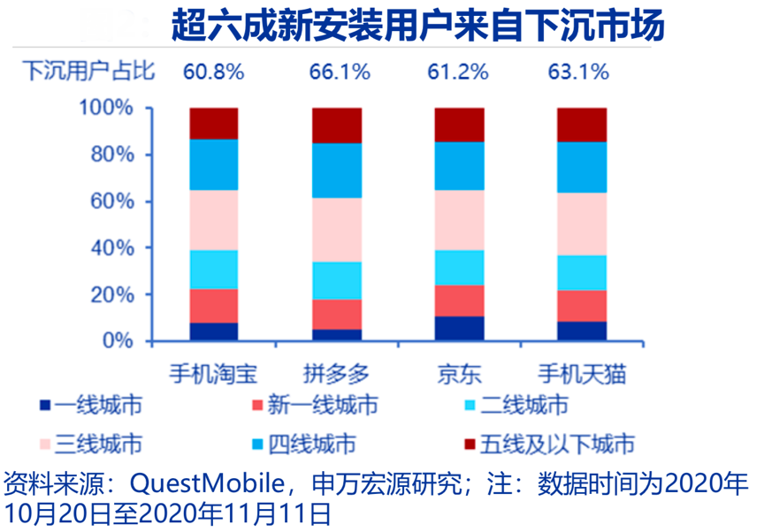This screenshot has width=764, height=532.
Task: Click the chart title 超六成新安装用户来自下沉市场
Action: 416,27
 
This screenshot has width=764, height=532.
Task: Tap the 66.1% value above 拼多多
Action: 340,72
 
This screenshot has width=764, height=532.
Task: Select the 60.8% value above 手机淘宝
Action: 213,72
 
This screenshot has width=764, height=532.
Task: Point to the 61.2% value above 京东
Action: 457,72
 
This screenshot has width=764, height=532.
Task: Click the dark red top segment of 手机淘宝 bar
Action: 214,124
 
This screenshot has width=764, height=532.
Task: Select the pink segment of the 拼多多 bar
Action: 337,230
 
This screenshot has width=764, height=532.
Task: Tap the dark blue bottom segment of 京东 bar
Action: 460,329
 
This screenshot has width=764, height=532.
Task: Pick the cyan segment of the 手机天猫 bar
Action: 582,273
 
